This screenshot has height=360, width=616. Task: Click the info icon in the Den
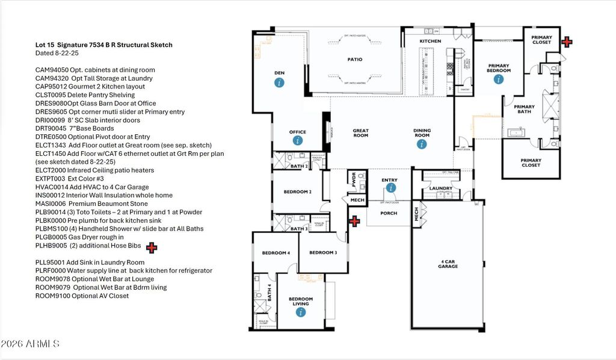(279, 82)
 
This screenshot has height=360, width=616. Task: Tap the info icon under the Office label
(298, 141)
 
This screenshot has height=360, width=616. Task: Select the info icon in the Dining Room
(422, 144)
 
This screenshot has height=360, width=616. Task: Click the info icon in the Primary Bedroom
(499, 80)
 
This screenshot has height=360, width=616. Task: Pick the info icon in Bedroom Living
(300, 312)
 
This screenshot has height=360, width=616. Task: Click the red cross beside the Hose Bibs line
(152, 247)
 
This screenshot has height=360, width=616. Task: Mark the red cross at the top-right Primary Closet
(567, 42)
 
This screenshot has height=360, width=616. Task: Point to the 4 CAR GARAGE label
(448, 263)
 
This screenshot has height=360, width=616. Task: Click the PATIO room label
(355, 60)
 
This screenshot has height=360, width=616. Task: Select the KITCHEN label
(430, 41)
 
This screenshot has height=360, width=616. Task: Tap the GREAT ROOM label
(361, 133)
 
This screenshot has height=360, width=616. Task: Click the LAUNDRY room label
(441, 188)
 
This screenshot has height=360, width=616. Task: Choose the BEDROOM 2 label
(297, 192)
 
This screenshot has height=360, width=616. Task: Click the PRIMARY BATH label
(524, 110)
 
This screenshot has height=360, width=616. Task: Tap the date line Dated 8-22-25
(57, 54)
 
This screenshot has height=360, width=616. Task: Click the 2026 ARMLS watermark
(30, 344)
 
